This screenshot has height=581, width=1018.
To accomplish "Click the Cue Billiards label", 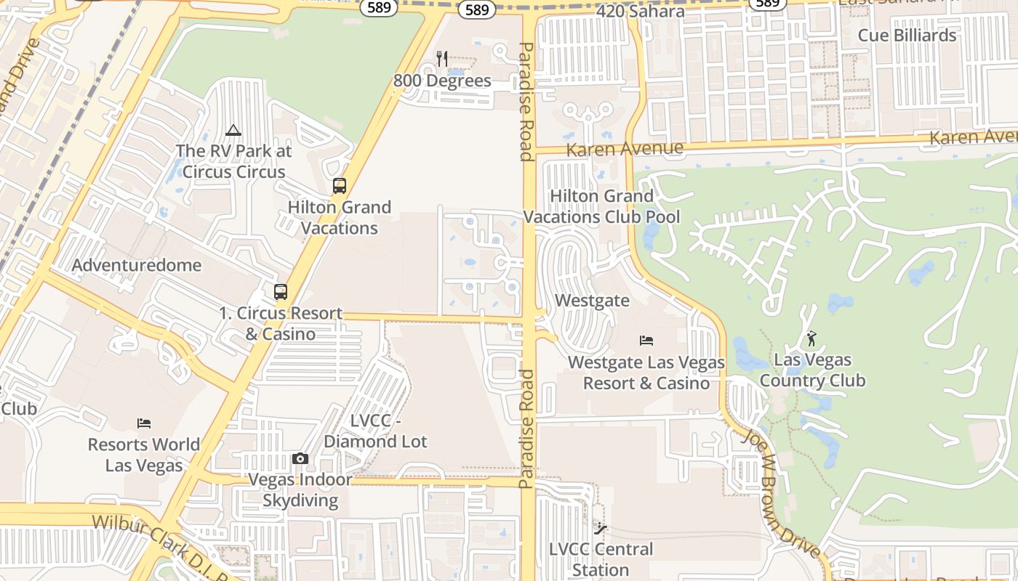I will tap(907, 35).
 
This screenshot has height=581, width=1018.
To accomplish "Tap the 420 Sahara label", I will tap(640, 12).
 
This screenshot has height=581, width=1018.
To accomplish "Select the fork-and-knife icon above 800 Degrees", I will tap(442, 58).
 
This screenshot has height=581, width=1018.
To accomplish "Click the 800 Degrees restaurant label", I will tap(442, 81).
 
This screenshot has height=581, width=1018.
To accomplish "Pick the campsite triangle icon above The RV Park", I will tap(233, 131).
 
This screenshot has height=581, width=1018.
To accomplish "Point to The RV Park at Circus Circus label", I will tap(233, 161).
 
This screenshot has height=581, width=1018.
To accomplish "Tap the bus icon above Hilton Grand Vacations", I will tap(340, 186).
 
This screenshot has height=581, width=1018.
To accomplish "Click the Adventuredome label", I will tap(137, 265).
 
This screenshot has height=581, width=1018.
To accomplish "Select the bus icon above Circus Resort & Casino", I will tap(281, 292).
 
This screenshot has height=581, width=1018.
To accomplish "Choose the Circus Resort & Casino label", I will tap(281, 323).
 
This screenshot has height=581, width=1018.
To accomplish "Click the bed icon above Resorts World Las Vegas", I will tap(144, 423).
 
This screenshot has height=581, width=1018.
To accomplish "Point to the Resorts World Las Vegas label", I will tap(144, 455).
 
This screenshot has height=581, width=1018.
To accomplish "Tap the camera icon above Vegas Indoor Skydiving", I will tap(300, 459).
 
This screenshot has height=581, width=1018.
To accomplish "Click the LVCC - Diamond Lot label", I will tap(375, 431).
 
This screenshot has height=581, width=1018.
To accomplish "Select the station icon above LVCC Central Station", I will tap(601, 528).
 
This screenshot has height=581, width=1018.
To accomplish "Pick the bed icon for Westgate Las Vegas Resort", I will tap(646, 340).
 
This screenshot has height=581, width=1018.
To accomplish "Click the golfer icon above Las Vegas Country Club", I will tap(812, 338).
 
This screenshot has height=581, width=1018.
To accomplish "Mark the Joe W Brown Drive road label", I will tap(786, 494).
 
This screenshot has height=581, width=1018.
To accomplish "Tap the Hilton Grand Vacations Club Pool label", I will tap(602, 206).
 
